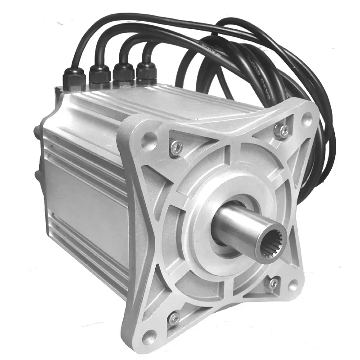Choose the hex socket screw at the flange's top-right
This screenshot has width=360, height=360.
pyautogui.click(x=283, y=130)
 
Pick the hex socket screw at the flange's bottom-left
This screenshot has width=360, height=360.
pyautogui.click(x=174, y=318)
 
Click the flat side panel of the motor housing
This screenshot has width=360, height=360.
pyautogui.click(x=81, y=202)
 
